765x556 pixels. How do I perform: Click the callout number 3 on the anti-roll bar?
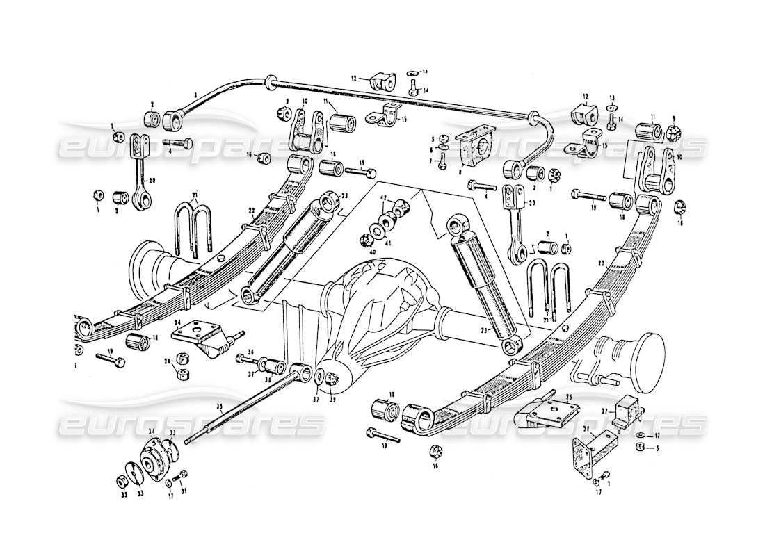pos(176,94)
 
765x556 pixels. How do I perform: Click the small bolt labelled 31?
pos(181,476)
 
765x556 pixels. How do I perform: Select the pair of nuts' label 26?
pos(167,360)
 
